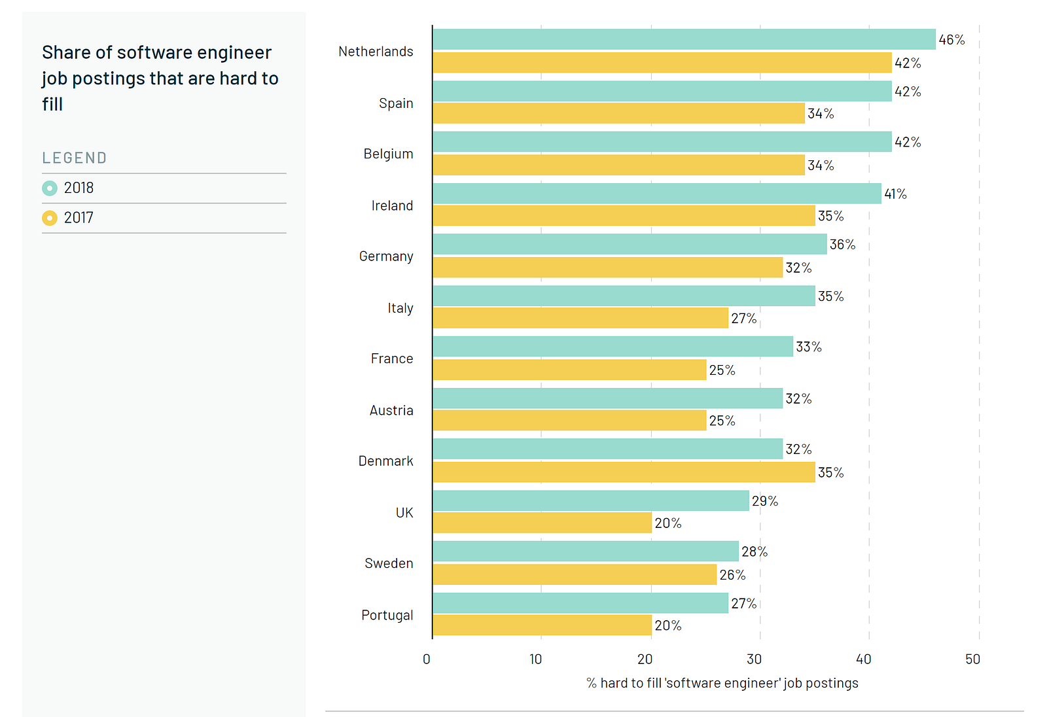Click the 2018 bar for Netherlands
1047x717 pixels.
[684, 39]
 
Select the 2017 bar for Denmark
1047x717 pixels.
[624, 472]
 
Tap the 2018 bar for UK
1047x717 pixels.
[591, 500]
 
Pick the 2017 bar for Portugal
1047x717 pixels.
[542, 625]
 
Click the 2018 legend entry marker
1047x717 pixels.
[50, 188]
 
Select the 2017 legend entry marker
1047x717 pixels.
[50, 218]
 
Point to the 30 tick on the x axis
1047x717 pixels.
[754, 659]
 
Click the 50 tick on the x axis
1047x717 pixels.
[973, 659]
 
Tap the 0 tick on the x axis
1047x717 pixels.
[427, 659]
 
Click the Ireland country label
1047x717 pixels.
[392, 206]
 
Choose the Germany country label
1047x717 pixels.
[386, 256]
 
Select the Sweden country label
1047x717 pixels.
[389, 563]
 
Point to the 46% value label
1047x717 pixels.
[951, 40]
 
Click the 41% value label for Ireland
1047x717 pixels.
[895, 194]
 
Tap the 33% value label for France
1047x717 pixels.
[809, 347]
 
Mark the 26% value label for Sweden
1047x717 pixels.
[732, 575]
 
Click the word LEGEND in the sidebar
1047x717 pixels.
[75, 158]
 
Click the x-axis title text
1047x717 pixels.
[722, 683]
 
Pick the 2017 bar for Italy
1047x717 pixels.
[580, 318]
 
